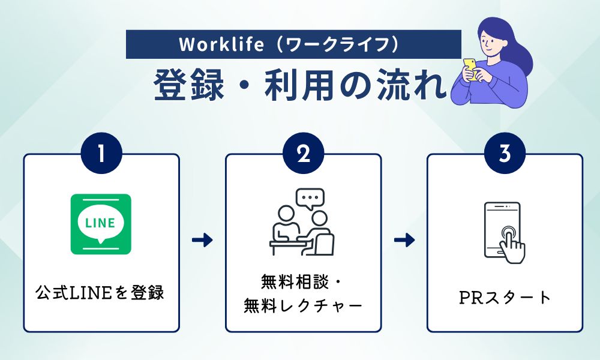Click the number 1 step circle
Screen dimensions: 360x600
tap(101, 154)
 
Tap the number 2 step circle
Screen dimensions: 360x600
tap(303, 154)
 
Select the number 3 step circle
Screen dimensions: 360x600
tap(505, 154)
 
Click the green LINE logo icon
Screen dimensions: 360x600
tap(101, 224)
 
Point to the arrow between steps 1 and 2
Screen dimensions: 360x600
tap(202, 241)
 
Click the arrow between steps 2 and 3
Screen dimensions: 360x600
tap(404, 241)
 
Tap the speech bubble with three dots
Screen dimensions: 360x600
tap(310, 198)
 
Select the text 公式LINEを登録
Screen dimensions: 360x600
tap(100, 294)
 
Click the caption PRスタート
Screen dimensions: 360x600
tap(505, 297)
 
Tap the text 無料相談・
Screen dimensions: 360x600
tap(303, 281)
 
